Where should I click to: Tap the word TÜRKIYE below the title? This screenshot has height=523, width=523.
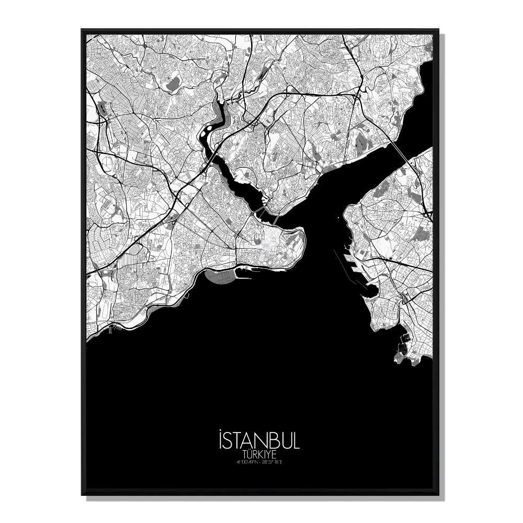point(258,454)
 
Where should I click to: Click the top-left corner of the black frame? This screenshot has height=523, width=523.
point(82,30)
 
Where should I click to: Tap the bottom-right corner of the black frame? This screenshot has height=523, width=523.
point(438,494)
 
